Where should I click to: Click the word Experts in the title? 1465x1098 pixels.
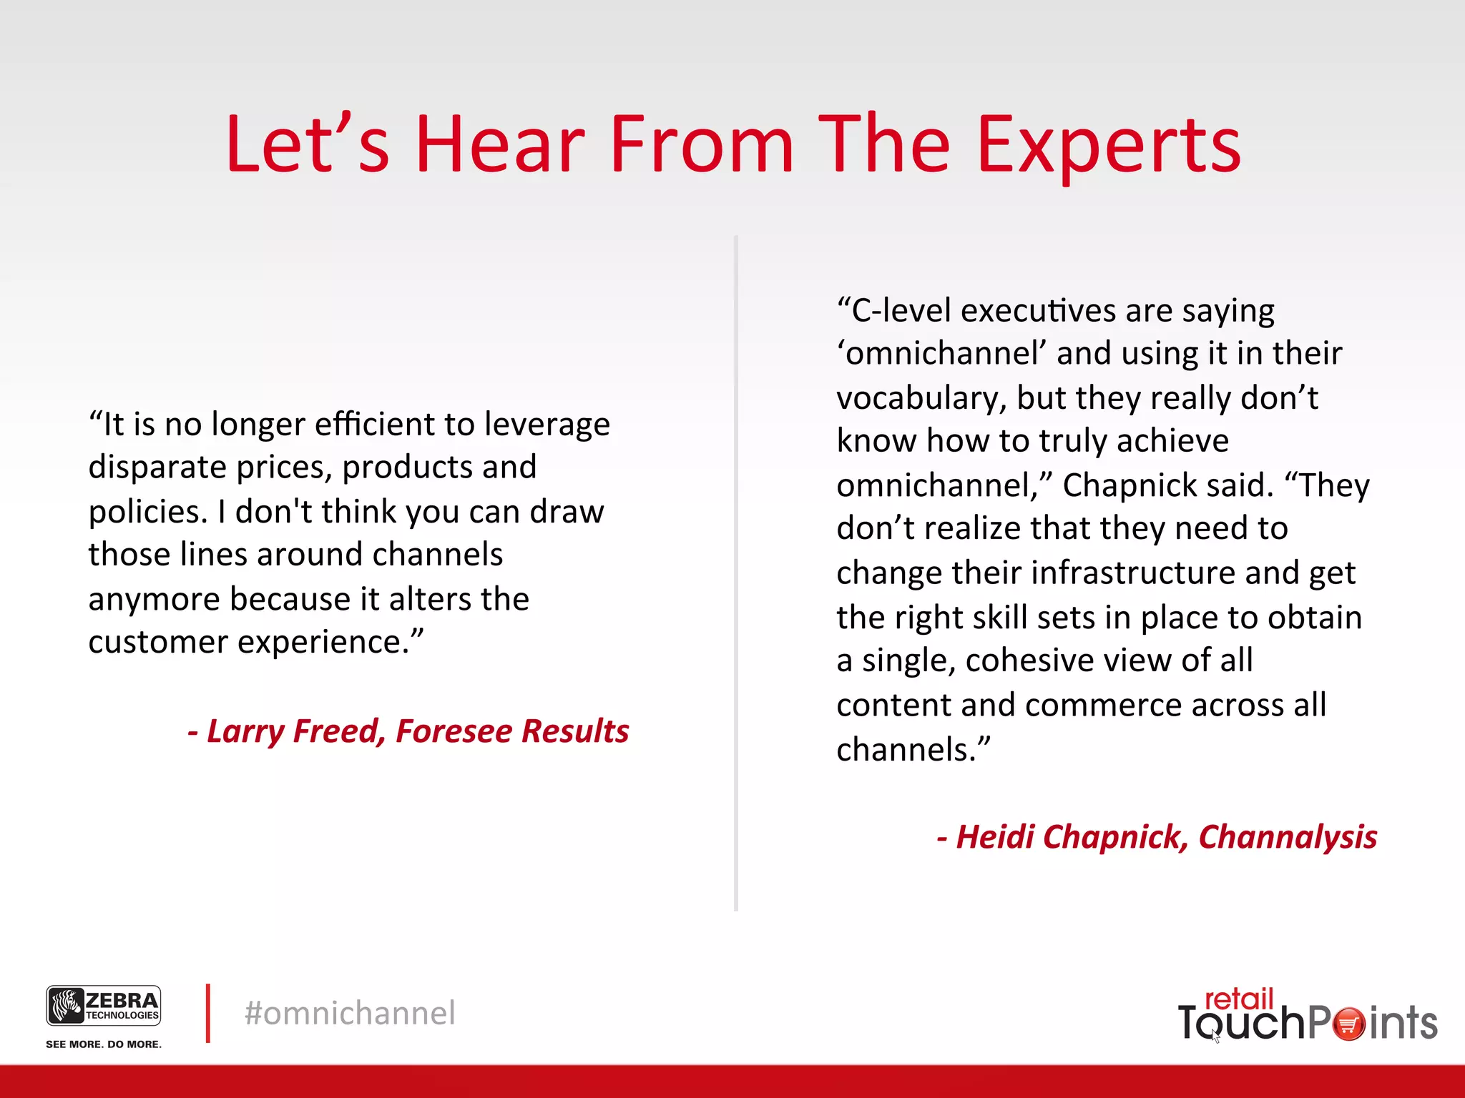pos(1108,147)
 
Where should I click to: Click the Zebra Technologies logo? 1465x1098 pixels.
pos(104,1005)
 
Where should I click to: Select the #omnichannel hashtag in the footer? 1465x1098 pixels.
pos(350,1014)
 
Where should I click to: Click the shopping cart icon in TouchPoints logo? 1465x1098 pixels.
pos(1349,1024)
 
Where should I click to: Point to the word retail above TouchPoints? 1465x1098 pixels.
pos(1239,999)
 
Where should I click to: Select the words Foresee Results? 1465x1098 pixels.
pos(512,731)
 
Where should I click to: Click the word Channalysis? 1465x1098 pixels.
pos(1288,837)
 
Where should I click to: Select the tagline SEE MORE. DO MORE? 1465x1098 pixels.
pos(104,1044)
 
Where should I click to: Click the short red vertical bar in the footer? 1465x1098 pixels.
pos(208,1013)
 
